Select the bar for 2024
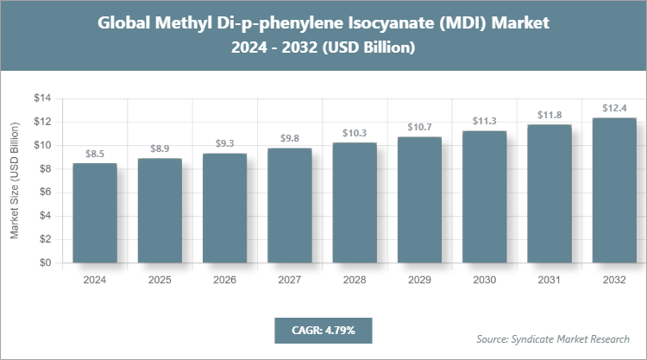[95, 213]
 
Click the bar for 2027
[290, 205]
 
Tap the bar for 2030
[485, 197]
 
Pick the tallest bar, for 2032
[615, 191]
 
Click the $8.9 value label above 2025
[160, 148]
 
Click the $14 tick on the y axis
[42, 98]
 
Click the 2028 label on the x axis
[355, 281]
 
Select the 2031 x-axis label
[550, 281]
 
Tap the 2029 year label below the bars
[419, 281]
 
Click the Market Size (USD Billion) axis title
[15, 181]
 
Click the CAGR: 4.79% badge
[323, 330]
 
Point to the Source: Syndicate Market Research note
[553, 338]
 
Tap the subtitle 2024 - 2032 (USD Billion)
[323, 48]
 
